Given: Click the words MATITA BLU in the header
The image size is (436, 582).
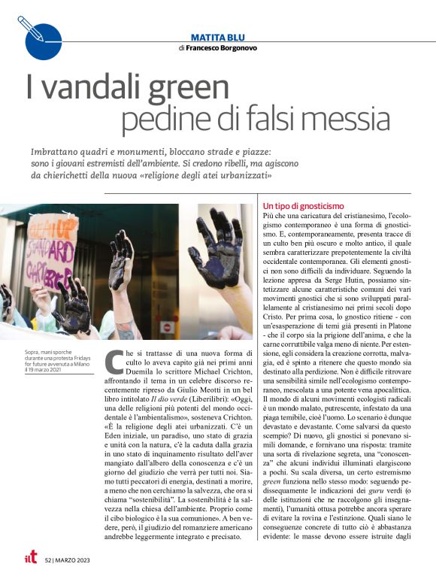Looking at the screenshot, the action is (218, 35).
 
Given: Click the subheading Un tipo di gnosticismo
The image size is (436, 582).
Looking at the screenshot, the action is (303, 206).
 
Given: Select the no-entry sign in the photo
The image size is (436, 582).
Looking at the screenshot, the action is (168, 327).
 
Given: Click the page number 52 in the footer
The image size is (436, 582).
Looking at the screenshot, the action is (49, 559).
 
